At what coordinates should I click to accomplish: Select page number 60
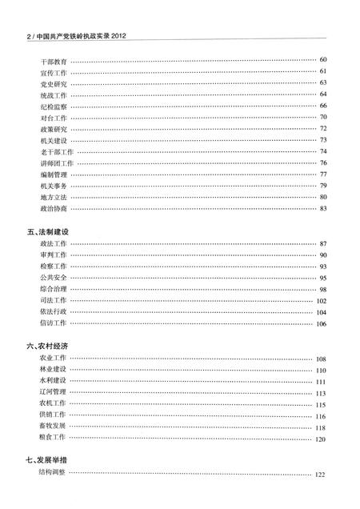pyautogui.click(x=322, y=60)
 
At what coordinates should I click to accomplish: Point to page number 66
pyautogui.click(x=322, y=106)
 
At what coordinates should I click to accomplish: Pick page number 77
pyautogui.click(x=322, y=174)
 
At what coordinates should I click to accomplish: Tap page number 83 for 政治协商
pyautogui.click(x=322, y=209)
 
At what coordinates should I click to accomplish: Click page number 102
pyautogui.click(x=321, y=301)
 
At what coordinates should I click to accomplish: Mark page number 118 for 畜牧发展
pyautogui.click(x=321, y=428)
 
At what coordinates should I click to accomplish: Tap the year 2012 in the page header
pyautogui.click(x=118, y=36)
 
